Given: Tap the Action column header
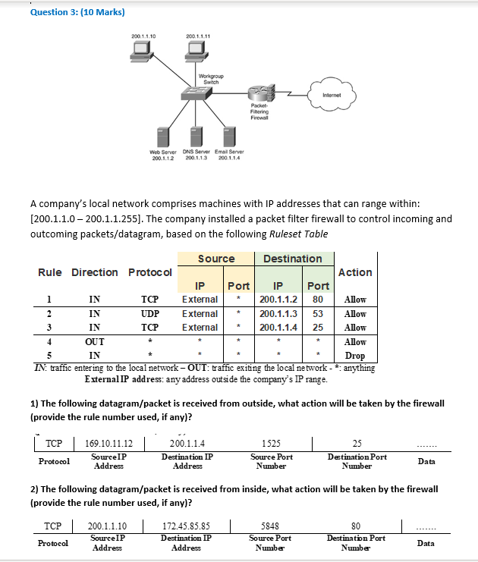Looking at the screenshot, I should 355,272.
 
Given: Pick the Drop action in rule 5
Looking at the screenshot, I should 354,355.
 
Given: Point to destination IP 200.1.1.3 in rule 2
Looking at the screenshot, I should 277,313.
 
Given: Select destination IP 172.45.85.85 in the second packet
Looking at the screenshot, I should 187,524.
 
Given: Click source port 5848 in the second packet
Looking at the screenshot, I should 272,524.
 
